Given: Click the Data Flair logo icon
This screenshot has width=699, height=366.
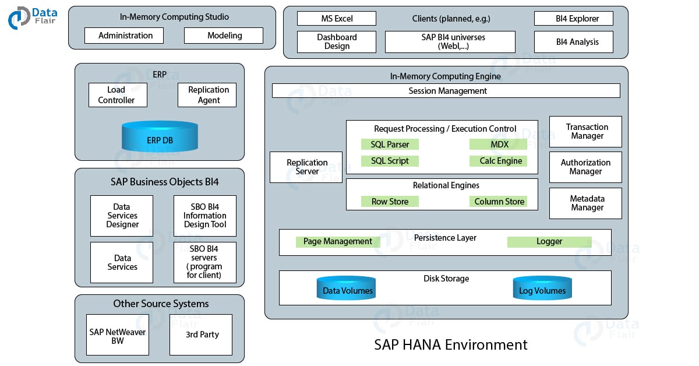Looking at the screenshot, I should tap(19, 18).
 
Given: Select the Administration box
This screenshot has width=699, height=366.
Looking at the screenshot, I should tap(124, 36).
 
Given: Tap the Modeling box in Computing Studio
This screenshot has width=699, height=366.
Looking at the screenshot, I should tap(224, 36).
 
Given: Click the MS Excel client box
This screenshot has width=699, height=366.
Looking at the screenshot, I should tap(337, 19).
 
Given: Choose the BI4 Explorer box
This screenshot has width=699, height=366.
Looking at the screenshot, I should tap(574, 19).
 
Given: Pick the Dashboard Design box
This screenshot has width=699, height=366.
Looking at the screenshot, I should tap(337, 42).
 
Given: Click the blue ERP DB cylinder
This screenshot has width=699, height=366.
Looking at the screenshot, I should tap(160, 138).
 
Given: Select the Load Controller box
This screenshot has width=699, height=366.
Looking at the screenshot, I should tap(118, 95).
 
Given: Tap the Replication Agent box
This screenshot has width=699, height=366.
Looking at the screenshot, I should tap(207, 95).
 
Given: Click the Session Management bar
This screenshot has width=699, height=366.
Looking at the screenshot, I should tap(446, 91).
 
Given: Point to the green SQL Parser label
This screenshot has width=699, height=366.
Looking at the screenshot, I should tap(390, 145).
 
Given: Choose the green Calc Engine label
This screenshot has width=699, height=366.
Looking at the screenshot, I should tap(499, 161).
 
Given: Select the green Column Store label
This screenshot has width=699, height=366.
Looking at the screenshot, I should tap(499, 202).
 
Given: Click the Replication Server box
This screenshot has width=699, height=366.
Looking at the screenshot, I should tap(306, 167).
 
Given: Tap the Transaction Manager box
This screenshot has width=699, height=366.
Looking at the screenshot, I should tap(585, 132).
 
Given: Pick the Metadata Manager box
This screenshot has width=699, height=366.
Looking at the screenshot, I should tap(585, 203).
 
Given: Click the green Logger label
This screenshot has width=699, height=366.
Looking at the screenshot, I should tap(549, 241).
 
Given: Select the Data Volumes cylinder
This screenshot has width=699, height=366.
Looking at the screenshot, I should tap(347, 289).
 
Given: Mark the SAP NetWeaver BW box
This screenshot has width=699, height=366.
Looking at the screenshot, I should tap(118, 335).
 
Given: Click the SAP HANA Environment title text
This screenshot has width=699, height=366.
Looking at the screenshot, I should tap(450, 344).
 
